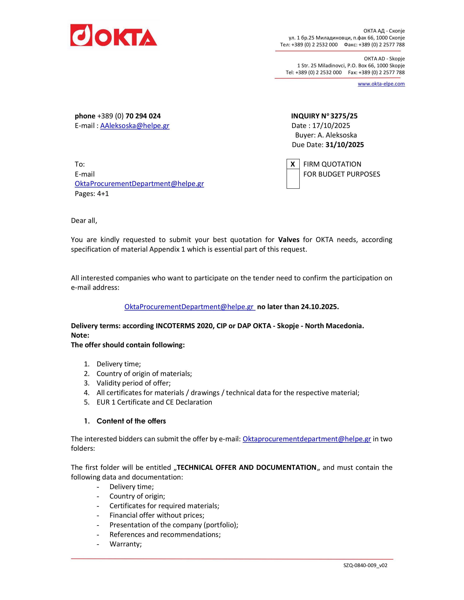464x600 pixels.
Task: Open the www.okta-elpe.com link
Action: point(381,84)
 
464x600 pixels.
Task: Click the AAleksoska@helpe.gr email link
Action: point(135,126)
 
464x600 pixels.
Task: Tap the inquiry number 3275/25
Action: point(344,116)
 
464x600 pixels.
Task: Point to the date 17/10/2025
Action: point(331,126)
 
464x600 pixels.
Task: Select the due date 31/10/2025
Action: point(344,145)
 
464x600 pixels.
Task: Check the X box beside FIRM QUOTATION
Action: point(293,164)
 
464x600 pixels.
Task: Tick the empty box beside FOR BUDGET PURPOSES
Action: point(293,179)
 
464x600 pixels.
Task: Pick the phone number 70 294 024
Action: point(143,116)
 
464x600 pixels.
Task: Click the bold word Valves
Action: point(289,240)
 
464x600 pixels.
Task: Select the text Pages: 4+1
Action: point(92,194)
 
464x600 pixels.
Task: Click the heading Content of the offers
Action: point(131,421)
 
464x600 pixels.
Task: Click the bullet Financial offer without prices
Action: point(157,515)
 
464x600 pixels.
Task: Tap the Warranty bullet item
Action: point(125,544)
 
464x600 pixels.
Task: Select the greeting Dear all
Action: point(84,221)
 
